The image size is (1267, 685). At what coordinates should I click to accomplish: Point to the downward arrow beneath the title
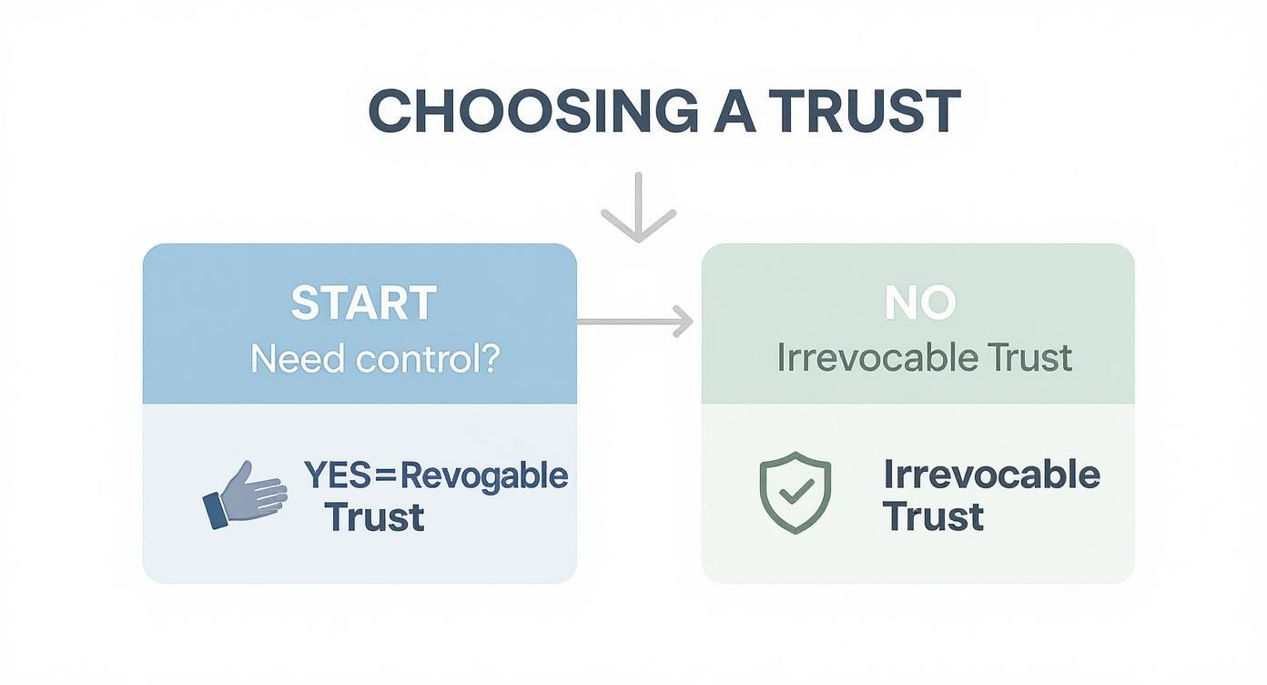click(x=638, y=208)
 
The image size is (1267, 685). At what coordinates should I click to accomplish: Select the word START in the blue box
click(x=363, y=304)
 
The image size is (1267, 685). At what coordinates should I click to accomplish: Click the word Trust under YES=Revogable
click(x=374, y=517)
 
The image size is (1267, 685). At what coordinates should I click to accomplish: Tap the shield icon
click(x=795, y=492)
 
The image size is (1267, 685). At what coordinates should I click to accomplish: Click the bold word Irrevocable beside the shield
click(x=991, y=475)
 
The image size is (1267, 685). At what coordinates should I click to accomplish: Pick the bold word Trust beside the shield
click(x=933, y=516)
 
